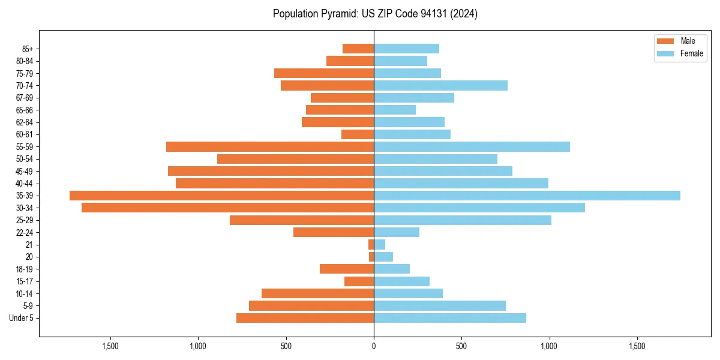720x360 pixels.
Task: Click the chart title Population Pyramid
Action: (x=375, y=14)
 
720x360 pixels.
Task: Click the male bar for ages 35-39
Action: (x=221, y=196)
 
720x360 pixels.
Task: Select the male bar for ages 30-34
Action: (x=227, y=208)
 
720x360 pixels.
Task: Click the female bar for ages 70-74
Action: (x=440, y=85)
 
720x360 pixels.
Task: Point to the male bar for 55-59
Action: (x=270, y=146)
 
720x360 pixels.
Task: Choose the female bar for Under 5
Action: (x=450, y=318)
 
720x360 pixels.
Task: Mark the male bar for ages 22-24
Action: (x=334, y=232)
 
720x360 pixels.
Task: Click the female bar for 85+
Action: (x=406, y=49)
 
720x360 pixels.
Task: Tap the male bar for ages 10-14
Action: (x=317, y=293)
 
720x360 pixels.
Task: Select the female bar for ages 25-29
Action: (x=463, y=220)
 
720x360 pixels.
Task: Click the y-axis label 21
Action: (x=29, y=245)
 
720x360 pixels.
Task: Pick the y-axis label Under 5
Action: (x=21, y=318)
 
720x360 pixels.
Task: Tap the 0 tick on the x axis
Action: (x=374, y=346)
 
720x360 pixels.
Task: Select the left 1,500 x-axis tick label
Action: (x=110, y=346)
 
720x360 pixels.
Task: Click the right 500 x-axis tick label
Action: (x=461, y=346)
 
